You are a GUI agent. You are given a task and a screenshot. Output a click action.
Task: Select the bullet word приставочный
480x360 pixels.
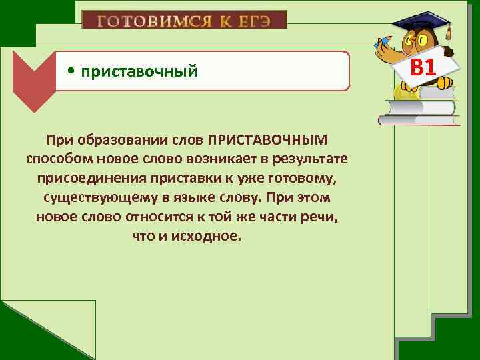click(x=139, y=71)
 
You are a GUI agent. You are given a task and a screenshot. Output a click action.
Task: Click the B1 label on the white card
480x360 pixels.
click(x=423, y=67)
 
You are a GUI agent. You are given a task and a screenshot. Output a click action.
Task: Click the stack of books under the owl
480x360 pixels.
click(x=419, y=107)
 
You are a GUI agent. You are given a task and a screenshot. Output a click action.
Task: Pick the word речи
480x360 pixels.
click(x=323, y=218)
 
